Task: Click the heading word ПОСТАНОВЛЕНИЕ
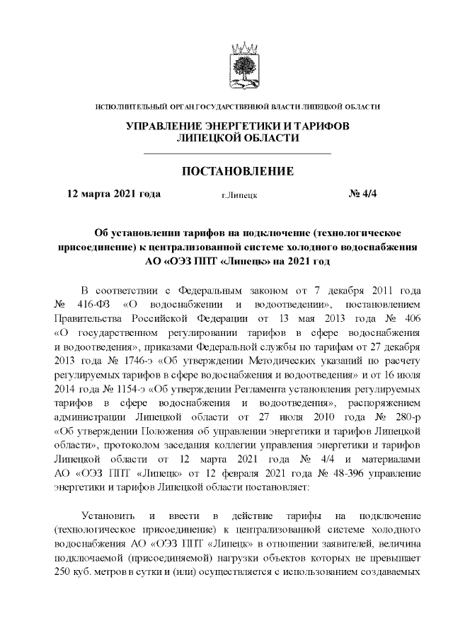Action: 238,172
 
